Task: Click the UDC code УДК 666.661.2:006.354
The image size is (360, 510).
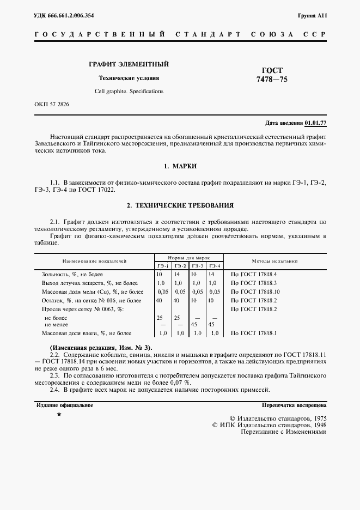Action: point(64,15)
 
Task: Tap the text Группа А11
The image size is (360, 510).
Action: point(312,15)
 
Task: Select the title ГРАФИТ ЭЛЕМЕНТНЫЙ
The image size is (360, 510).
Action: point(129,64)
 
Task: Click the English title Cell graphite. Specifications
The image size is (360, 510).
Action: point(129,91)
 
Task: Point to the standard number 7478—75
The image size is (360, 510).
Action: point(272,80)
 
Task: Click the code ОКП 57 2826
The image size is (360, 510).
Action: point(52,104)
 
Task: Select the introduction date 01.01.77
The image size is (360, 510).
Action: point(315,123)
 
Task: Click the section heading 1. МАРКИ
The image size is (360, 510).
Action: point(180,165)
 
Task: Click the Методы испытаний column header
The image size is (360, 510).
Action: point(274,261)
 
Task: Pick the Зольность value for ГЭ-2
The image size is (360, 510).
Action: point(178,275)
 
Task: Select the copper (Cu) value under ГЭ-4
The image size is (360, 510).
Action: point(214,292)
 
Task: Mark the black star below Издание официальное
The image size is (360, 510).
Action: point(59,415)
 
